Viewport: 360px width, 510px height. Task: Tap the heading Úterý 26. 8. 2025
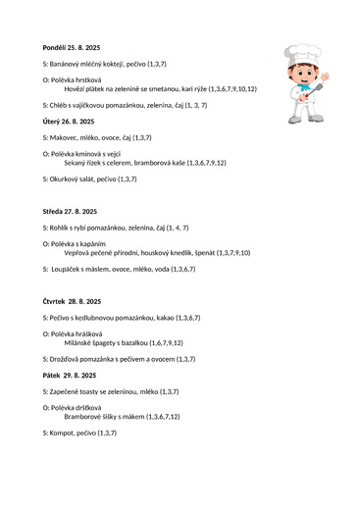point(69,122)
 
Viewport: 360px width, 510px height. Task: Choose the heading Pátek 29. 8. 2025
point(70,376)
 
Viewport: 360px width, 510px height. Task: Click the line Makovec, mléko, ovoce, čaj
point(97,138)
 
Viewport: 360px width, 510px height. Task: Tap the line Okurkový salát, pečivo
point(89,179)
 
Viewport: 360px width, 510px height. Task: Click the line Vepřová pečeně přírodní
point(157,252)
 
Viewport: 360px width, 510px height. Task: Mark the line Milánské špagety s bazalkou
point(123,342)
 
